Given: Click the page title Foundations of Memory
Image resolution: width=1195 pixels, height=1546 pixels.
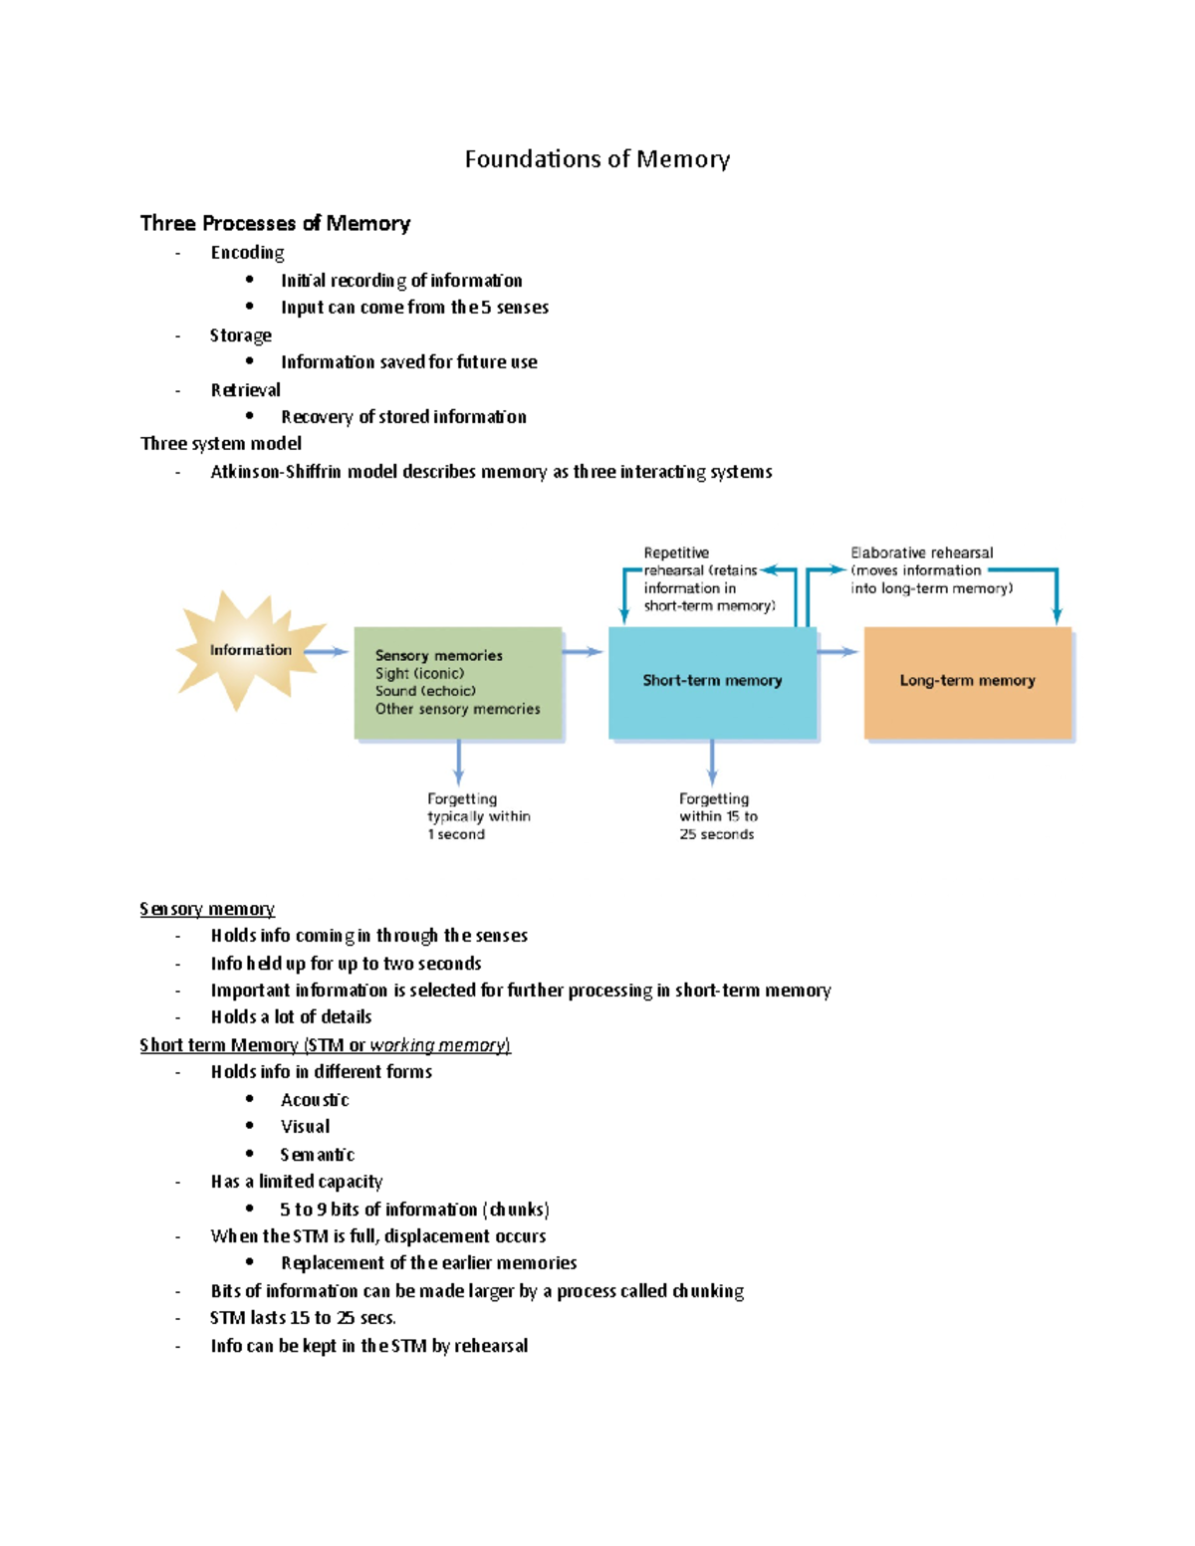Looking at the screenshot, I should click(597, 159).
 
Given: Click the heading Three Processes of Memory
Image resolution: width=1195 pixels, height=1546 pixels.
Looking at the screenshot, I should click(275, 223).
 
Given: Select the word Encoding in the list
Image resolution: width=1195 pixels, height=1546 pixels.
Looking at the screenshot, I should click(247, 253).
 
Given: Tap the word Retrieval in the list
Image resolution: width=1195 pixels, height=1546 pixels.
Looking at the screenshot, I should click(245, 390).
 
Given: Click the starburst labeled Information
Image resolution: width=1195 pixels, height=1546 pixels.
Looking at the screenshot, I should click(249, 651).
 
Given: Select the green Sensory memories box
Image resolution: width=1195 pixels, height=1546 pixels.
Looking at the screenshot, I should click(457, 683).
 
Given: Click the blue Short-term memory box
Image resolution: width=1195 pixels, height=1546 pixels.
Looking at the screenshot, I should click(712, 683).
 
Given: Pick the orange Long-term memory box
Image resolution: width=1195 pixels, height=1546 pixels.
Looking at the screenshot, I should click(967, 683).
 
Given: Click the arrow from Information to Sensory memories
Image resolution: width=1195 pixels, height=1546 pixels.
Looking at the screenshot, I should click(326, 652).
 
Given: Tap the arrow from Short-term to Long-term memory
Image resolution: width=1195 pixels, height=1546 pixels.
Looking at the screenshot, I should click(837, 652).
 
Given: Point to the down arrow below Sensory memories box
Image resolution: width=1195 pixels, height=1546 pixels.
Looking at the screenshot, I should click(458, 763).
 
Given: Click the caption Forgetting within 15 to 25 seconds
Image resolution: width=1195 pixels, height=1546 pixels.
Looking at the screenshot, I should click(717, 816).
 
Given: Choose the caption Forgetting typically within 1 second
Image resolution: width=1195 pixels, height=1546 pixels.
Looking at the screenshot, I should click(477, 816).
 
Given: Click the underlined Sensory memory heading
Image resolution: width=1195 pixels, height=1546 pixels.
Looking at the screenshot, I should click(207, 909).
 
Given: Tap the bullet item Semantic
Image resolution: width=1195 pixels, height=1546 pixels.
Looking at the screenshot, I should click(317, 1155).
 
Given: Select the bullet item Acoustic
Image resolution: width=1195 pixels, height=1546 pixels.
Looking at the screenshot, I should click(315, 1100).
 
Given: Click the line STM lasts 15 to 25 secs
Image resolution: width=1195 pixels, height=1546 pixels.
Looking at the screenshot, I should click(303, 1318).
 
